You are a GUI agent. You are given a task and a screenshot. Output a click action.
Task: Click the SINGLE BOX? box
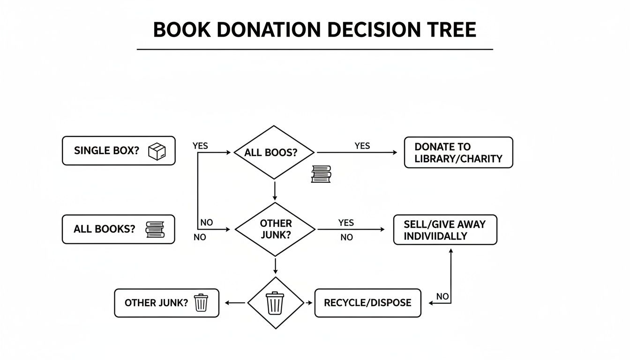[x=119, y=151]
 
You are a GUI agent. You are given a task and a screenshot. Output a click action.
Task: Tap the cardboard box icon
[x=157, y=151]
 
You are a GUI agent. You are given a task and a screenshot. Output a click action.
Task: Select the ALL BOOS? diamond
[x=274, y=152]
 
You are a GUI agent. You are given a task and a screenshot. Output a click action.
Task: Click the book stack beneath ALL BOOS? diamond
[x=321, y=174]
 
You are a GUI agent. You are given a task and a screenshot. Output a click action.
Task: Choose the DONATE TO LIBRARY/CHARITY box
[x=458, y=152]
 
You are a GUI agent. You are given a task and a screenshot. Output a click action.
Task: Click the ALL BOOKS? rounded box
[x=118, y=229]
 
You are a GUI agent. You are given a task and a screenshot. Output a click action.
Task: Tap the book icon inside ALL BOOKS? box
[x=155, y=229]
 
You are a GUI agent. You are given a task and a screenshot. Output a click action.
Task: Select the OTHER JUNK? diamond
[x=275, y=229]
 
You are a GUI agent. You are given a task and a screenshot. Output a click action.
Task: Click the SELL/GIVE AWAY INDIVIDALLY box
[x=444, y=230]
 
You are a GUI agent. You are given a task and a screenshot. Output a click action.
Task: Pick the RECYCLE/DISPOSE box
[x=367, y=303]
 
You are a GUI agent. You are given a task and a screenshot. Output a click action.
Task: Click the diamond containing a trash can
[x=275, y=303]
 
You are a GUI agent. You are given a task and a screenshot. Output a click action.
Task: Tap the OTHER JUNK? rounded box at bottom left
[x=166, y=303]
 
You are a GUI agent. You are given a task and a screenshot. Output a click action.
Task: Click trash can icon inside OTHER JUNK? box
[x=201, y=303]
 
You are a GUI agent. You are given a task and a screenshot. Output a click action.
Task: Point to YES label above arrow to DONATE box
[x=362, y=146]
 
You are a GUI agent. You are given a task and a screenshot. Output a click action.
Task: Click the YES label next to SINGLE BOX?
[x=200, y=146]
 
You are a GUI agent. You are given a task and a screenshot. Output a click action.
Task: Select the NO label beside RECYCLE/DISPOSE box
[x=442, y=296]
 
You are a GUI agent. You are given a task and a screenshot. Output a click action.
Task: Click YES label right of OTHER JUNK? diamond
[x=346, y=223]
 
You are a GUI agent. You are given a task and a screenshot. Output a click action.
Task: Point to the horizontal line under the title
[x=315, y=49]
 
